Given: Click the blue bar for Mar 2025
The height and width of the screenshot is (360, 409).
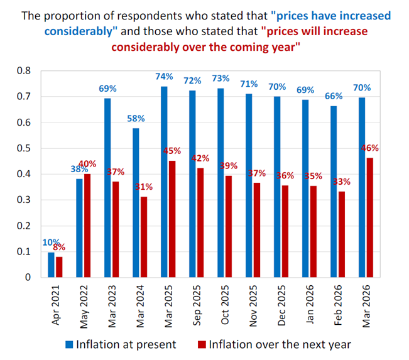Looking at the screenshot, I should click(x=164, y=182).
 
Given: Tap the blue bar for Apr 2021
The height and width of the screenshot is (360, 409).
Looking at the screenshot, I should click(x=51, y=265).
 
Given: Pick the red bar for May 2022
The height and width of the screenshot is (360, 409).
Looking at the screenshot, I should click(x=87, y=226).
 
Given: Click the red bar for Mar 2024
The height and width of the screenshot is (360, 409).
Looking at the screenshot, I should click(x=144, y=237).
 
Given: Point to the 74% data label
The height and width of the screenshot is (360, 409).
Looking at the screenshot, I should click(x=164, y=76).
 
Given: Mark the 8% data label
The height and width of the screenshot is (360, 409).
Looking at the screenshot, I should click(x=59, y=248).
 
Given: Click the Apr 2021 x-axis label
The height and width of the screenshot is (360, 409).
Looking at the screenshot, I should click(x=55, y=305).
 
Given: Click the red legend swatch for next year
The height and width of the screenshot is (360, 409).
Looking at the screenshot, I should click(x=201, y=344).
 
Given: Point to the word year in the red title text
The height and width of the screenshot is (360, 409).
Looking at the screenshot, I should click(x=284, y=46).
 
